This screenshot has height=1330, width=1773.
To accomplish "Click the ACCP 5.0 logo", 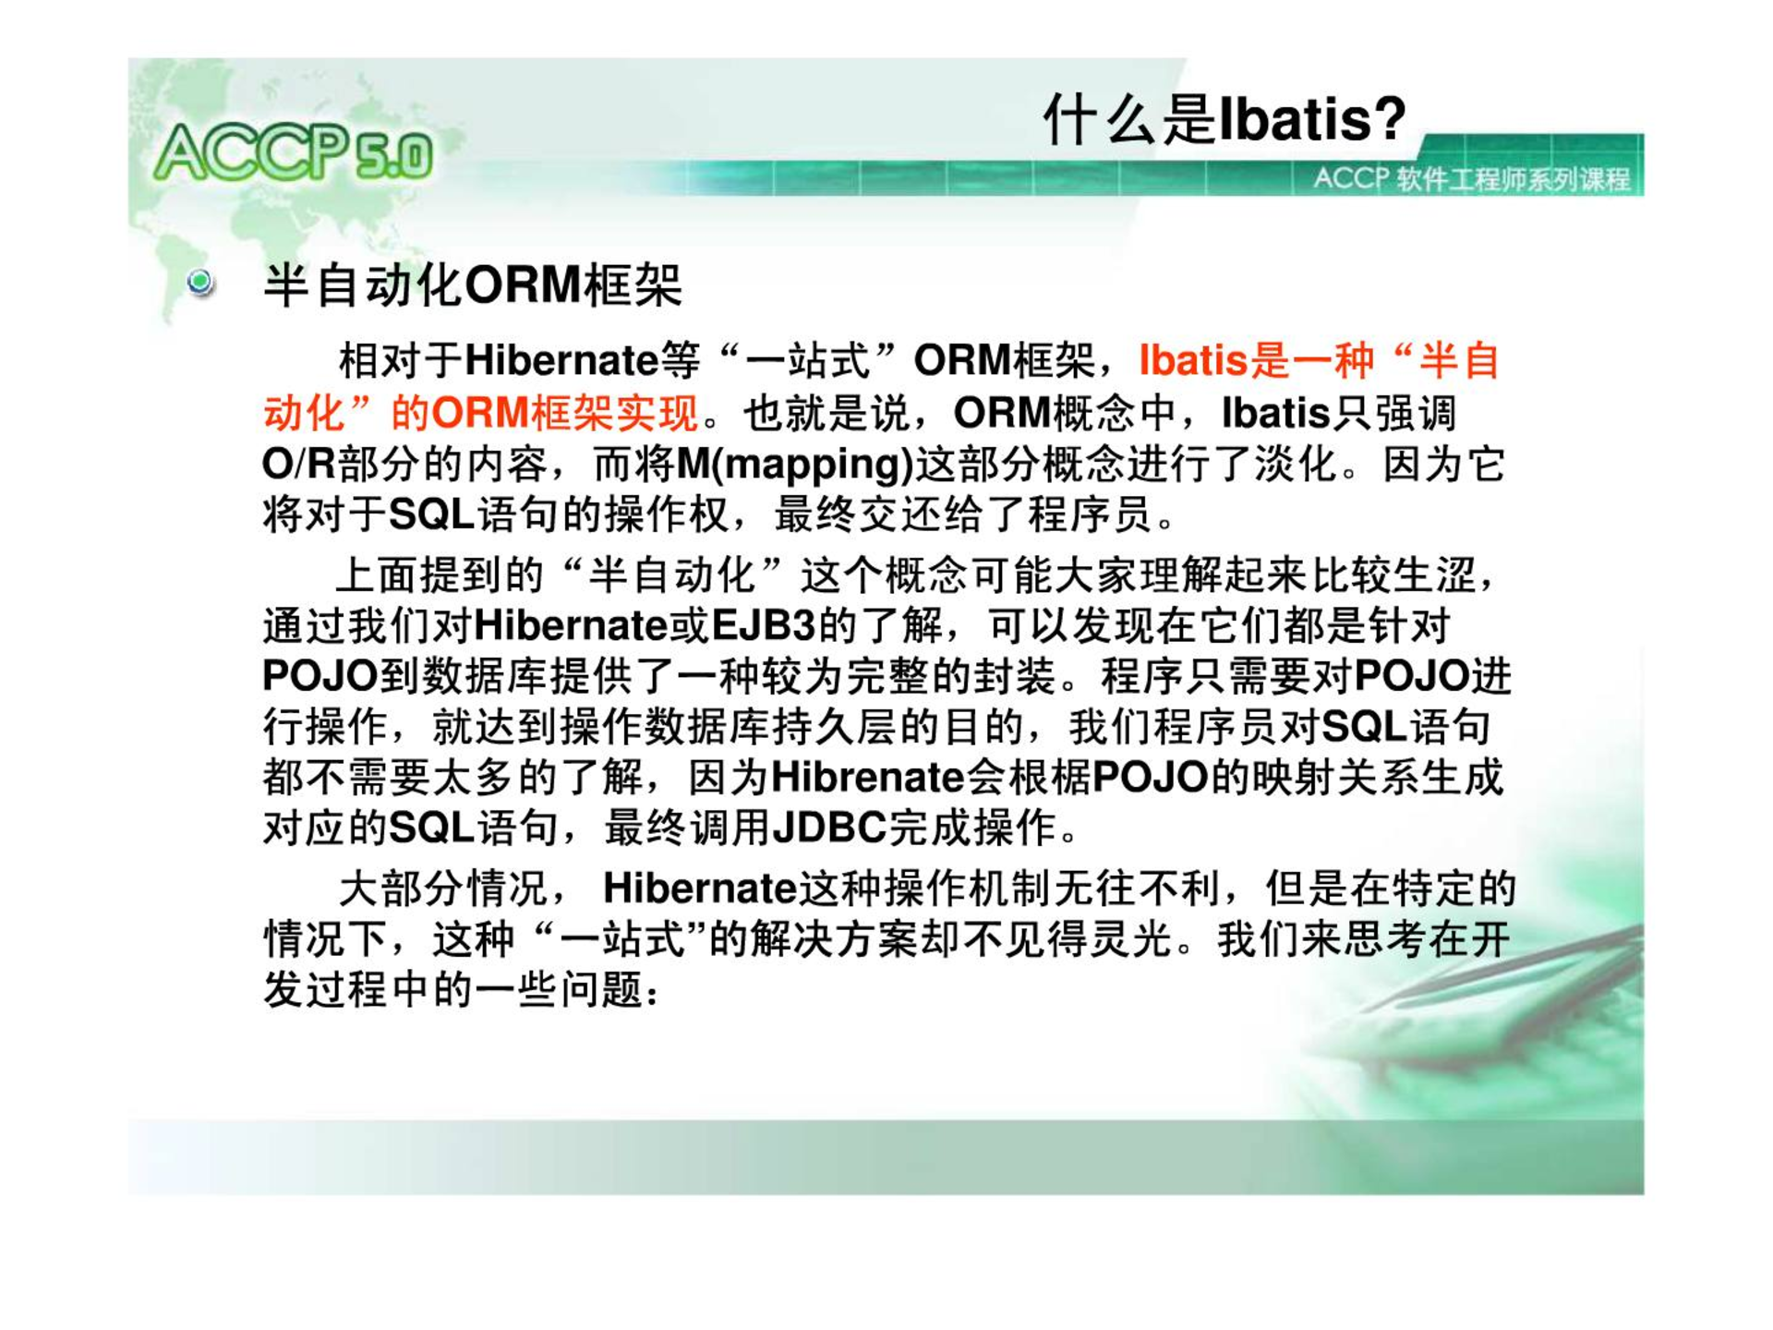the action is pos(294,152).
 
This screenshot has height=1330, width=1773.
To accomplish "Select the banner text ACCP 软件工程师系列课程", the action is pos(1472,178).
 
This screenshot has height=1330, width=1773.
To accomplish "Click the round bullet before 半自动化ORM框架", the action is pos(199,282).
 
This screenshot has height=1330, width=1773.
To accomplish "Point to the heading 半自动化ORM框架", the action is pos(473,284).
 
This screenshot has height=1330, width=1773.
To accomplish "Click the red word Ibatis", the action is pos(1193,360).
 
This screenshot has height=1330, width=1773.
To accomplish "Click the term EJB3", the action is pos(764,626).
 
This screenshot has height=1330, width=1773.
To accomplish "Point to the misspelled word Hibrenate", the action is pos(867,777).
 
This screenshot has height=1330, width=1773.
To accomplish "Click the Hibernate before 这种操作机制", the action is pos(699,889).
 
